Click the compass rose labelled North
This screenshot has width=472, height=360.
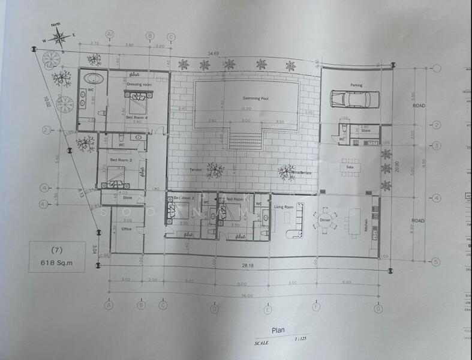pos(60,38)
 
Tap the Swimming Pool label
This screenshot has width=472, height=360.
pos(256,98)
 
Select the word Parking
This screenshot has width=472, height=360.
pos(356,85)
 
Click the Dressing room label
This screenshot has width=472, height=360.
pos(139,85)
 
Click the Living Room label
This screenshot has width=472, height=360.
pos(283,207)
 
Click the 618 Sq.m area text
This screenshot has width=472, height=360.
pos(57,262)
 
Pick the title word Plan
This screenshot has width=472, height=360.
pos(278,329)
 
